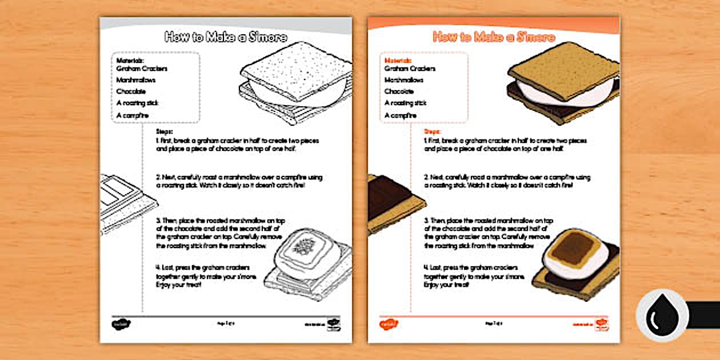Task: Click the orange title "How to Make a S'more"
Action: pos(494,37)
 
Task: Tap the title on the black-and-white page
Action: pos(226,37)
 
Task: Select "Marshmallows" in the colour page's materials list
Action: pos(404,80)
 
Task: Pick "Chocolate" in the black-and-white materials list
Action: pos(131,91)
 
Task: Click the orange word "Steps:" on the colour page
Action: pos(432,131)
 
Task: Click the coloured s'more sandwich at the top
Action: pos(563,83)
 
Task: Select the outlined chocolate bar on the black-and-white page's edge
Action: pos(123,200)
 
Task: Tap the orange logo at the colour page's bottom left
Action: pos(389,324)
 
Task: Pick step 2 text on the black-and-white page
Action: pos(234,182)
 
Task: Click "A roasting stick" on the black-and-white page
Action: pos(137,103)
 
